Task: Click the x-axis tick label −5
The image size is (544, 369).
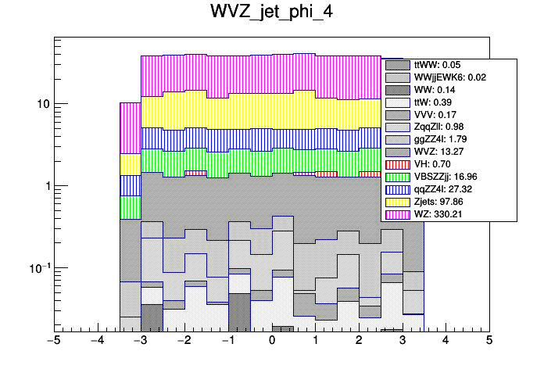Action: pos(54,341)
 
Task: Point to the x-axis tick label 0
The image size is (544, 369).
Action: pos(272,341)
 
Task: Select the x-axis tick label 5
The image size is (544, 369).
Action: pos(489,341)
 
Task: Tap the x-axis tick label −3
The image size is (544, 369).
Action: pos(141,341)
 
